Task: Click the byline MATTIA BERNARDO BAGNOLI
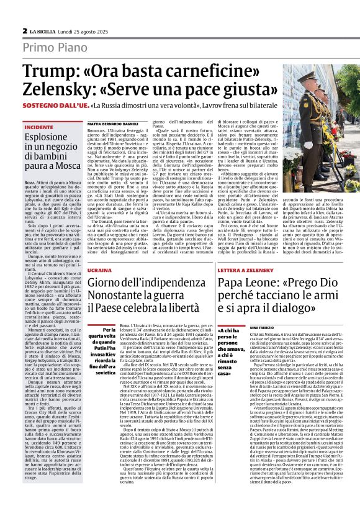coord(112,124)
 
